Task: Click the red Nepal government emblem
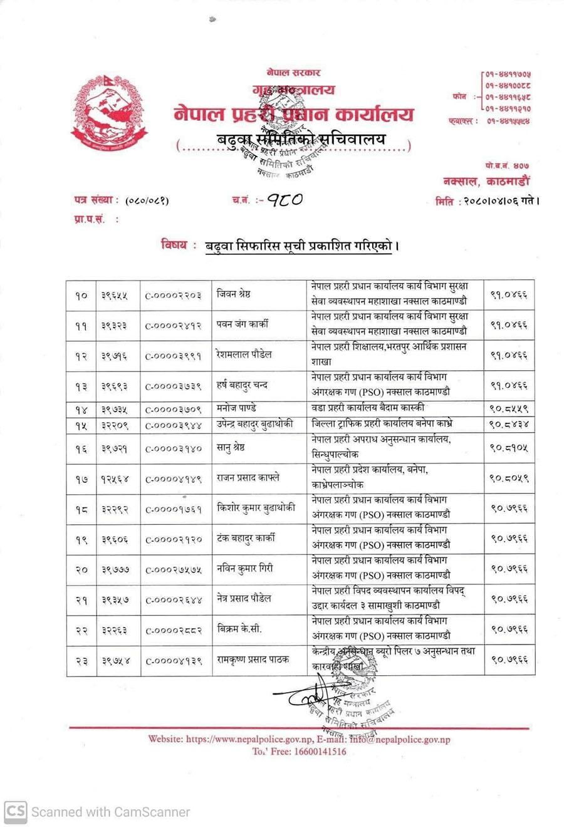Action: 108,113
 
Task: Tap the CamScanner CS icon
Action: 15,812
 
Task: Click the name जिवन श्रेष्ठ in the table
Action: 234,294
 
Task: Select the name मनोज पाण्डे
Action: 236,408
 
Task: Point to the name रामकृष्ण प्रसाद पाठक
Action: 253,659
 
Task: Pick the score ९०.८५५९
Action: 508,408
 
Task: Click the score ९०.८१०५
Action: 508,448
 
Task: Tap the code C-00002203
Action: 173,295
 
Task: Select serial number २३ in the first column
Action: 81,660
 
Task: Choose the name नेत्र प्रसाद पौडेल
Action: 244,598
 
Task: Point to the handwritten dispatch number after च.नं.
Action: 285,200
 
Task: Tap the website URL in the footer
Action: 249,739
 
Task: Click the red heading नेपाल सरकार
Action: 293,73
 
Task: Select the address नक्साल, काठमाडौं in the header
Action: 486,182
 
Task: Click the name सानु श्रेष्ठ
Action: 231,448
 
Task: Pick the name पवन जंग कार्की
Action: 242,324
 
